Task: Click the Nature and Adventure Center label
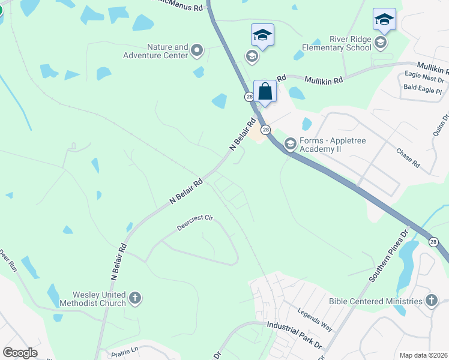pyautogui.click(x=168, y=51)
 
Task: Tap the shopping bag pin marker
pyautogui.click(x=265, y=93)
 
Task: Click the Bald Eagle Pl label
pyautogui.click(x=423, y=91)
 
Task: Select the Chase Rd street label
pyautogui.click(x=408, y=158)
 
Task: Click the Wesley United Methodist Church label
pyautogui.click(x=99, y=298)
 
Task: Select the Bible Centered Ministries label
pyautogui.click(x=376, y=301)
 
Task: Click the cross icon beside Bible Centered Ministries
pyautogui.click(x=430, y=301)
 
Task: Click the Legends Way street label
pyautogui.click(x=315, y=319)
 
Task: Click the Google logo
pyautogui.click(x=20, y=353)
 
